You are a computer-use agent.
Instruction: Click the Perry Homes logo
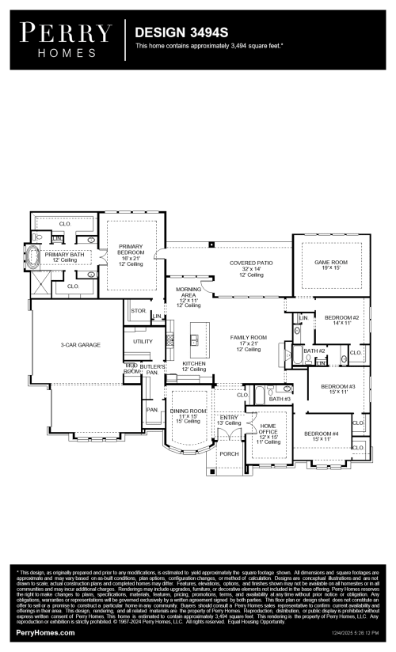(x=66, y=40)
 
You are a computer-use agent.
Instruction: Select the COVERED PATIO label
(x=251, y=265)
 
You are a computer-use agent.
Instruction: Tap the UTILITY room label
(x=143, y=341)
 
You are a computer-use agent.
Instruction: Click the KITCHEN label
(x=194, y=366)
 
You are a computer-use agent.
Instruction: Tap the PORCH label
(x=229, y=453)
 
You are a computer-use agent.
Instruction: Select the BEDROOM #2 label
(x=342, y=320)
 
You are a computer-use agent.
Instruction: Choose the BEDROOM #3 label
(x=333, y=389)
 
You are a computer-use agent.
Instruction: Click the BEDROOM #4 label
(x=322, y=436)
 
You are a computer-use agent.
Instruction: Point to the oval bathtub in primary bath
(x=34, y=256)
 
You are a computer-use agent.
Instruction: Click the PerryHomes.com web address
(x=46, y=632)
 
